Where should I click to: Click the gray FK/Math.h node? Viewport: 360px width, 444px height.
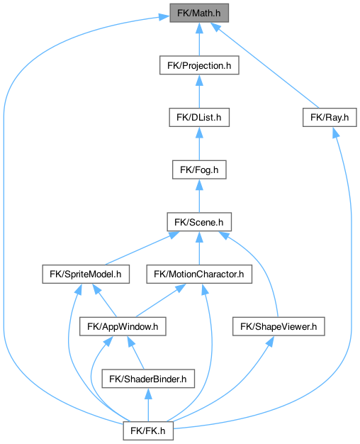click(199, 13)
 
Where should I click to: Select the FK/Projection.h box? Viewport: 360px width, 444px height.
click(199, 65)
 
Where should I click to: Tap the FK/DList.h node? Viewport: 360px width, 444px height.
click(199, 118)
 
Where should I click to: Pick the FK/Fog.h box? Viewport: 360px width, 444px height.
click(199, 170)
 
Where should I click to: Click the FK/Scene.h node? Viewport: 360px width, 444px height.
click(199, 222)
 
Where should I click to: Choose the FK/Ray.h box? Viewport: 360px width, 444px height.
click(330, 118)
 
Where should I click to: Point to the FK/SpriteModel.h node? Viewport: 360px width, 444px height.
click(86, 274)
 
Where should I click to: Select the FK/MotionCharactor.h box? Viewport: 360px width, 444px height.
click(199, 274)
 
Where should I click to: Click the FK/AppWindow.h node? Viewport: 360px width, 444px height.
click(123, 326)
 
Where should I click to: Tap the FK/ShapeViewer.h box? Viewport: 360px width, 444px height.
click(279, 326)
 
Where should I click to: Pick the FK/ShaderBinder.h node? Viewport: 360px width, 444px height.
click(148, 379)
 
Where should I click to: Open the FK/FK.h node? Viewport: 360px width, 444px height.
click(148, 431)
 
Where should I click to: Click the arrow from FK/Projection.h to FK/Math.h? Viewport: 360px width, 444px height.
click(199, 39)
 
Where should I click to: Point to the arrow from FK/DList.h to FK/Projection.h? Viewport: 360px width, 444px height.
click(199, 91)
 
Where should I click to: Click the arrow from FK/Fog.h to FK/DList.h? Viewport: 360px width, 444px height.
click(199, 143)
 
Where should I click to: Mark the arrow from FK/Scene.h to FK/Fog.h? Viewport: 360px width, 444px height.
click(199, 196)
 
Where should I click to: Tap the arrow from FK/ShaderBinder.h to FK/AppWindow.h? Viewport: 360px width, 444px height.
click(135, 353)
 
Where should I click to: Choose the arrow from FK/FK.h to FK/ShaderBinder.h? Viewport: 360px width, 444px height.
click(148, 405)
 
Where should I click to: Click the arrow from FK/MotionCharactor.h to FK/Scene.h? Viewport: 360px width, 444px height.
click(199, 248)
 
